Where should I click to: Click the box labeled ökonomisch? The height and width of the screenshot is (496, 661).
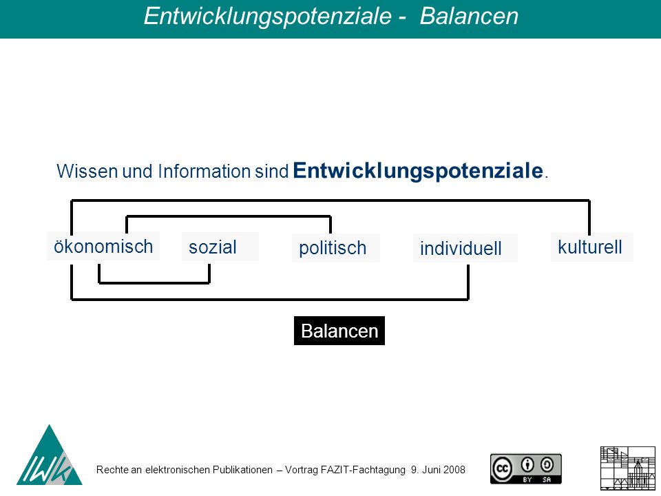[103, 246]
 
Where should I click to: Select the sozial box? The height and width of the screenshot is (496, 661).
[220, 247]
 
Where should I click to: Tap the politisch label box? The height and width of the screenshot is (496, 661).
[336, 248]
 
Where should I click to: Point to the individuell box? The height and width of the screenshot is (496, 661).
[465, 249]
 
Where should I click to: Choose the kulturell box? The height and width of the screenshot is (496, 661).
[592, 247]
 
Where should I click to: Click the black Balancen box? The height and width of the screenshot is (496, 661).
[339, 331]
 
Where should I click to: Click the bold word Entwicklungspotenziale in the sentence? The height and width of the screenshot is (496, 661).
[418, 171]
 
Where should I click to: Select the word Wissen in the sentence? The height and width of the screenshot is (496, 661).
[87, 172]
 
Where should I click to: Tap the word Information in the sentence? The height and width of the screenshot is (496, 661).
[204, 172]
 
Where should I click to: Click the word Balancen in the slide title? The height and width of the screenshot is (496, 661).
[469, 16]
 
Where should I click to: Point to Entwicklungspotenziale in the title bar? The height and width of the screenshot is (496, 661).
[268, 17]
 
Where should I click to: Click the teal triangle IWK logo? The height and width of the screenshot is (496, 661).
[50, 455]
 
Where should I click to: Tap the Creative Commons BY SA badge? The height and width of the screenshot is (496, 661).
[525, 468]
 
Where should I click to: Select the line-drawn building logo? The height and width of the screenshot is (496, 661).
[628, 468]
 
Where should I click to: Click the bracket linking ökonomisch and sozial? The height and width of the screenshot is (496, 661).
[154, 282]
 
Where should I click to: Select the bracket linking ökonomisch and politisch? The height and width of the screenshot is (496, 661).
[229, 217]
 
